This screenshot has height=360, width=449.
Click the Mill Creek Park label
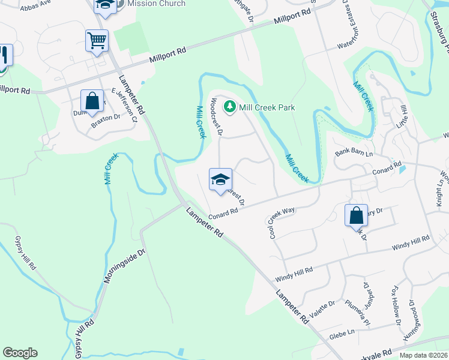[x=267, y=107]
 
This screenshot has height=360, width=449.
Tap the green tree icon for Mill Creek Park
[x=229, y=107]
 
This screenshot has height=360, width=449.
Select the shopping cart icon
[x=96, y=41]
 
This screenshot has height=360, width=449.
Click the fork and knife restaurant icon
[x=4, y=56]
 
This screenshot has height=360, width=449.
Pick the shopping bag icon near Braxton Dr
[x=92, y=101]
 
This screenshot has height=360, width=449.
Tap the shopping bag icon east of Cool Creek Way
[x=356, y=215]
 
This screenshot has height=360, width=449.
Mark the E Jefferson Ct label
[x=125, y=106]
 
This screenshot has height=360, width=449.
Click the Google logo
[x=20, y=353]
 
